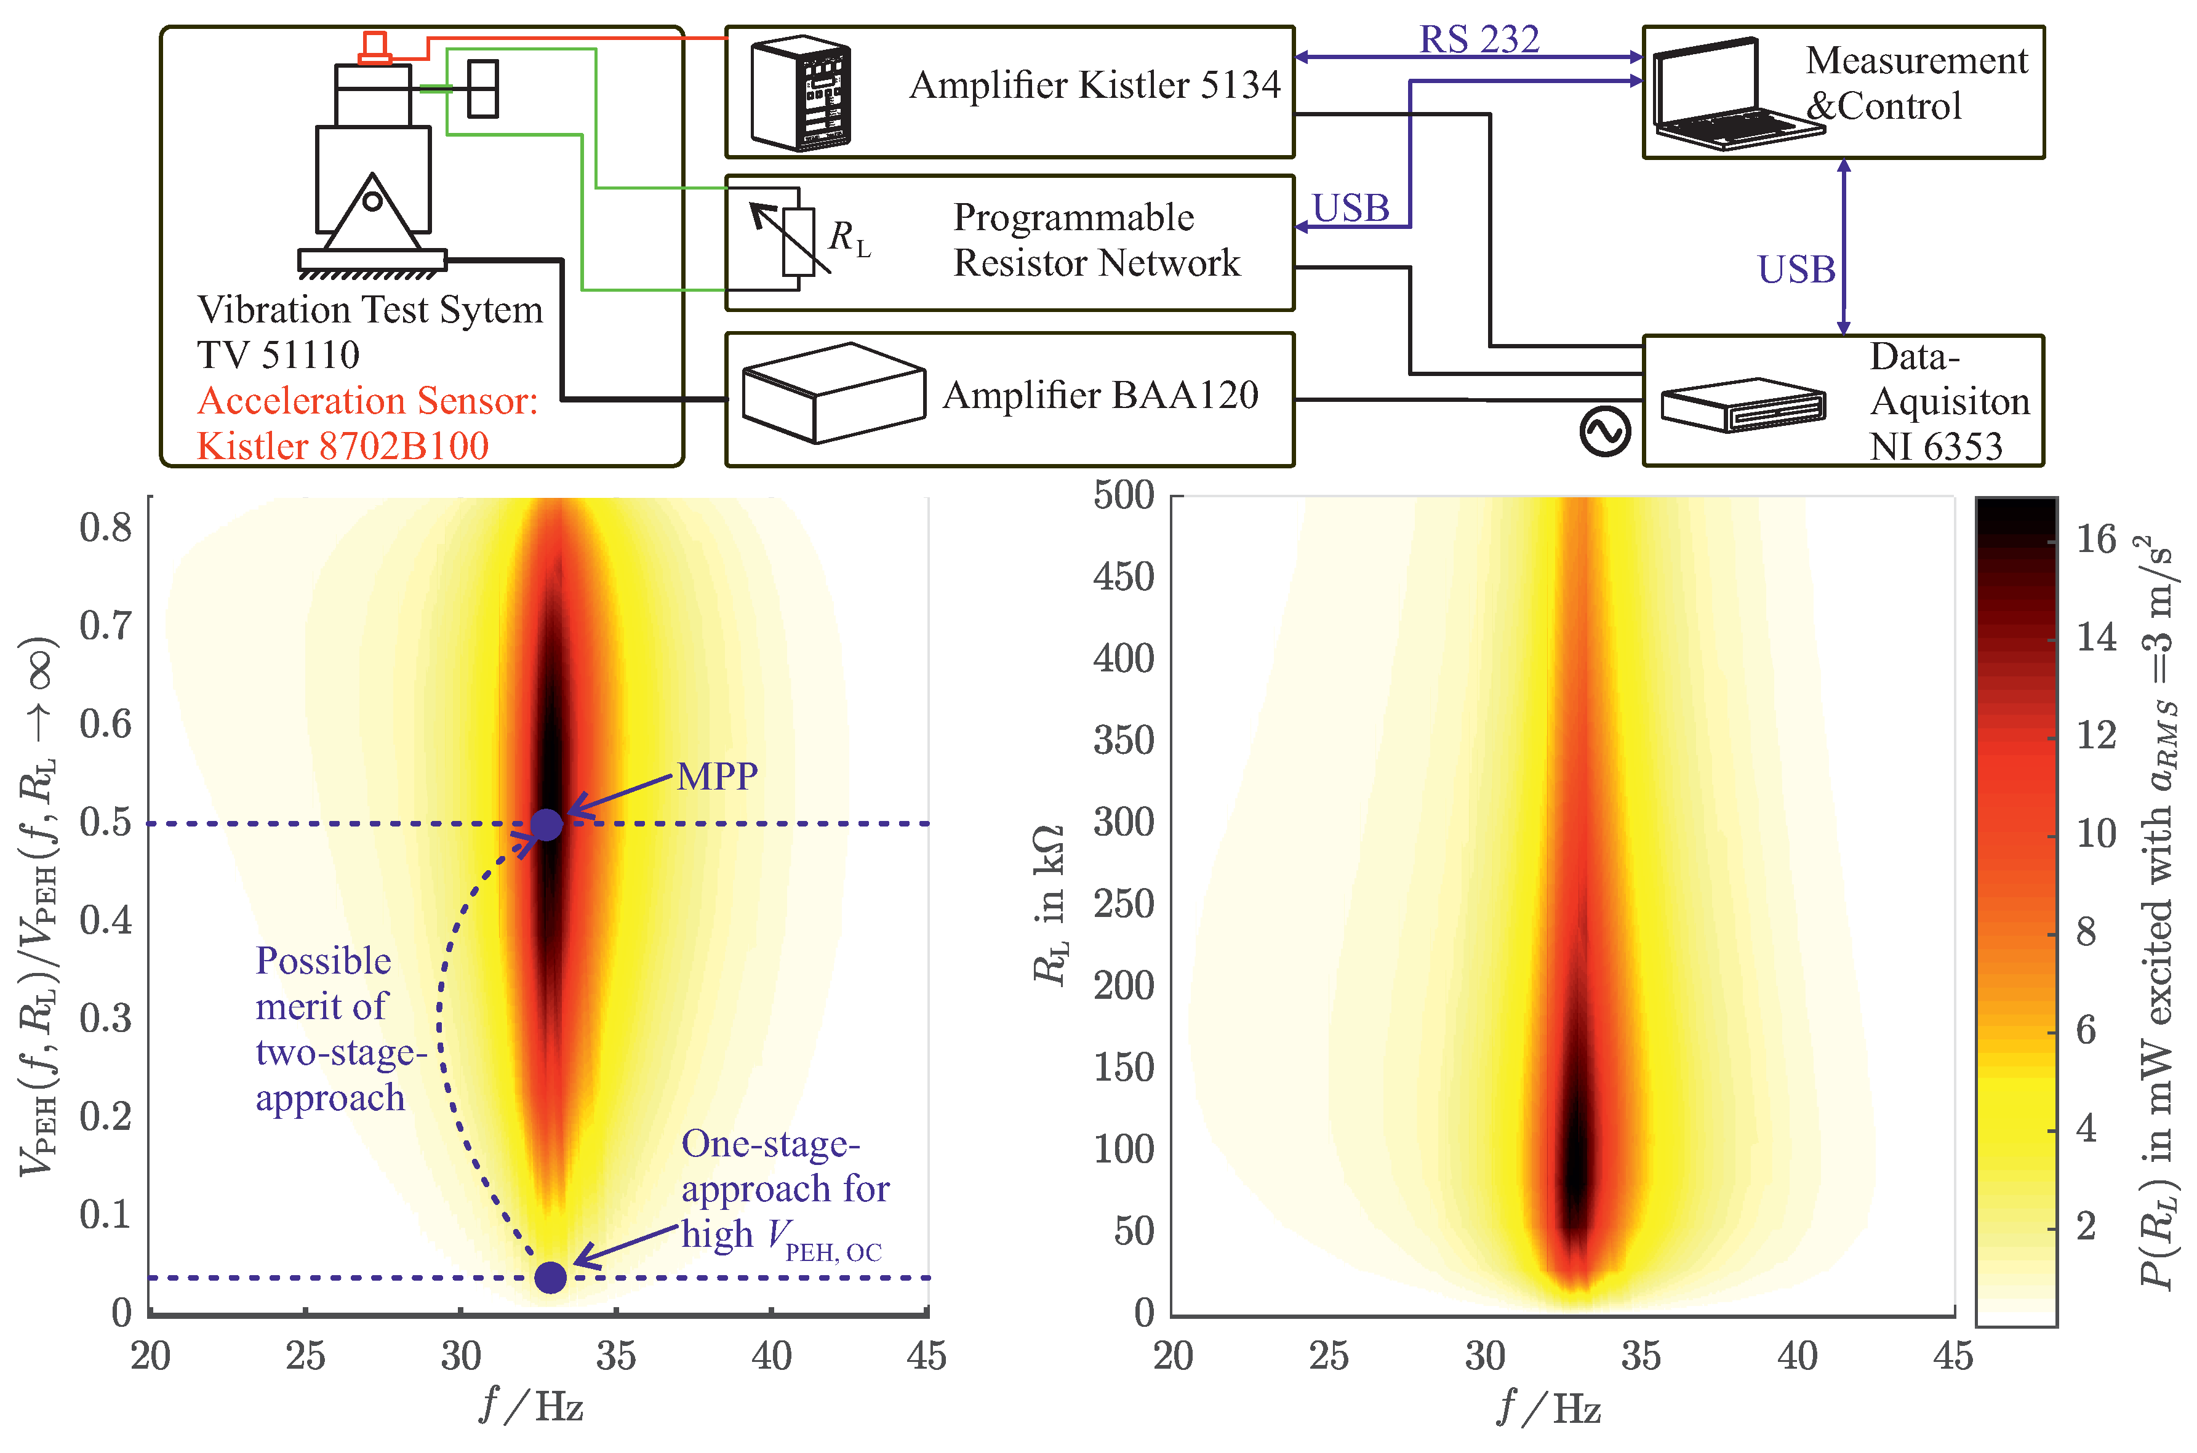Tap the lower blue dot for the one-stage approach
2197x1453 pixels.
(x=550, y=1278)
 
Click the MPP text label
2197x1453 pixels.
(x=717, y=777)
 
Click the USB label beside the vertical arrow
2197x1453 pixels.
(x=1796, y=270)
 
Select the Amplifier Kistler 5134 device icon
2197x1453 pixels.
(x=801, y=93)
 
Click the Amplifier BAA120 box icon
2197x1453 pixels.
(x=832, y=393)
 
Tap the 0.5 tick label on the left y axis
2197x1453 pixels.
(x=106, y=823)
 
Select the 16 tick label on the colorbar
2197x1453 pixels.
(x=2096, y=539)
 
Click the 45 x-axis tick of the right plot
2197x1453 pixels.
(x=1952, y=1356)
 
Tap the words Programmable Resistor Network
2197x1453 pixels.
(x=1096, y=240)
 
